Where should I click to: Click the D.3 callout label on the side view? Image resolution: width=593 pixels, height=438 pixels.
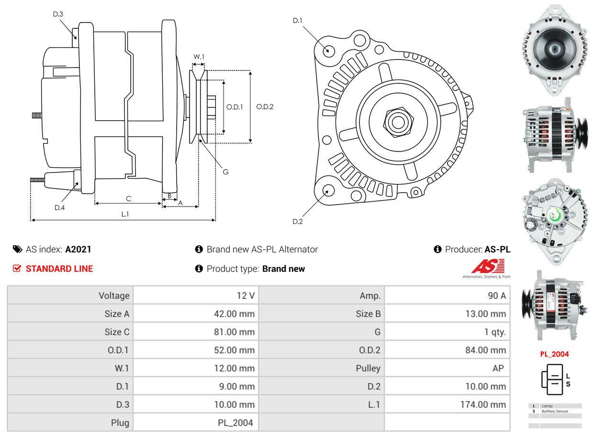pyautogui.click(x=58, y=14)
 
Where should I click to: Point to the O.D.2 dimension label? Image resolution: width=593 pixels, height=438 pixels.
pyautogui.click(x=265, y=106)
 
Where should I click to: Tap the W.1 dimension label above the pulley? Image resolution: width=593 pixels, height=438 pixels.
pyautogui.click(x=199, y=57)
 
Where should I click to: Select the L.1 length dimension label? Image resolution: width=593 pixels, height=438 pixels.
pyautogui.click(x=125, y=214)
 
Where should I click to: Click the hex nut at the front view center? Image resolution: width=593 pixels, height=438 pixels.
pyautogui.click(x=397, y=121)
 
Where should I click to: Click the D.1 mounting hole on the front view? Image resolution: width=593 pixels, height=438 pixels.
pyautogui.click(x=328, y=50)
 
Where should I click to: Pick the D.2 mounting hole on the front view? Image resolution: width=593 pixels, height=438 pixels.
pyautogui.click(x=328, y=191)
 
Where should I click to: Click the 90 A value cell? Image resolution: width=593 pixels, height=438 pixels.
pyautogui.click(x=496, y=296)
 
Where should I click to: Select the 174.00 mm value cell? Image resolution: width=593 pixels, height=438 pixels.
pyautogui.click(x=483, y=404)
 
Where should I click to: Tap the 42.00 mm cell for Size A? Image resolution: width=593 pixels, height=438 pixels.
pyautogui.click(x=234, y=314)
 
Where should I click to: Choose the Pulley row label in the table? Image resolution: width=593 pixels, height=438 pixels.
pyautogui.click(x=368, y=368)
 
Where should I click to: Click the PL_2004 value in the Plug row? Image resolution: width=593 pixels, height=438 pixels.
pyautogui.click(x=235, y=423)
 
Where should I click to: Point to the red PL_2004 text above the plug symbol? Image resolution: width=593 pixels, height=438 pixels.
pyautogui.click(x=554, y=354)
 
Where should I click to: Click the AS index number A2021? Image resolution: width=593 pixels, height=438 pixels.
pyautogui.click(x=78, y=249)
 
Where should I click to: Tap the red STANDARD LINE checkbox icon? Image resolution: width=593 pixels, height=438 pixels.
pyautogui.click(x=17, y=269)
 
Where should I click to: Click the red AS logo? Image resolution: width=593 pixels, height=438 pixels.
pyautogui.click(x=487, y=266)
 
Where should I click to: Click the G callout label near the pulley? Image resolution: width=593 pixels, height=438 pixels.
pyautogui.click(x=225, y=172)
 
